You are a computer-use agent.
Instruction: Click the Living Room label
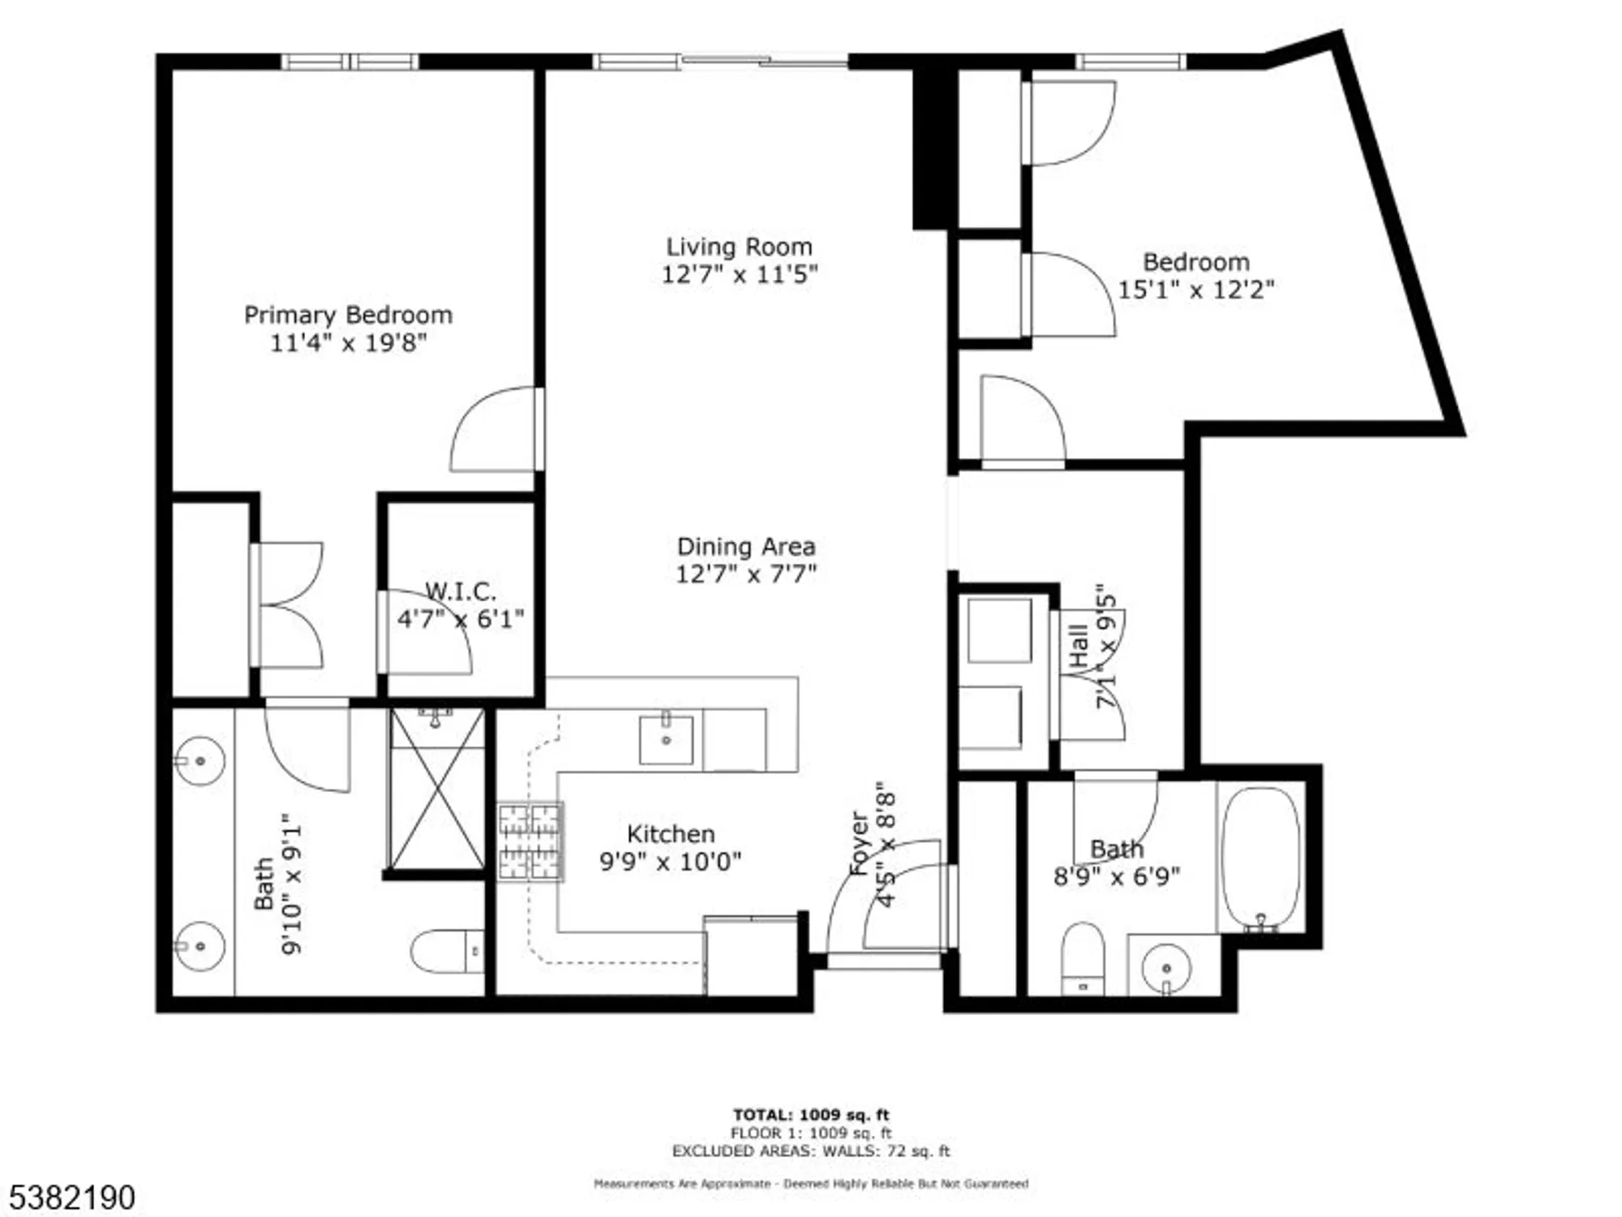(739, 247)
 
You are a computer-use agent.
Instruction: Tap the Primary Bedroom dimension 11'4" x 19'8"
(348, 342)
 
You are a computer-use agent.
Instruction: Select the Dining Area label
(745, 546)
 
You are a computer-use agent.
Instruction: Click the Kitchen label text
(671, 834)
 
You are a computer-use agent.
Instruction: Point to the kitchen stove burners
(530, 842)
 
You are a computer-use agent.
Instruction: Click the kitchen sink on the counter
(666, 739)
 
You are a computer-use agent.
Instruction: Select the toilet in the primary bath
(446, 951)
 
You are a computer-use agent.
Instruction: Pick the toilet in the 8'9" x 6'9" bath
(1083, 957)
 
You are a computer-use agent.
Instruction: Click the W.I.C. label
(460, 591)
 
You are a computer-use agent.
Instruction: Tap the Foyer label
(859, 844)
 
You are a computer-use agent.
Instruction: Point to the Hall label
(1079, 646)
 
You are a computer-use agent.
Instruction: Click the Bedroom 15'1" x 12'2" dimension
(1195, 290)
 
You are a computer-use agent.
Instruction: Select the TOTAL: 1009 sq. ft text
(811, 1115)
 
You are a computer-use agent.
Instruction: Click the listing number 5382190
(72, 1198)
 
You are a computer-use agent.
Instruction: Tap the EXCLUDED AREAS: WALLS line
(811, 1151)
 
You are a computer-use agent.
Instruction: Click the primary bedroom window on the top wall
(350, 62)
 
